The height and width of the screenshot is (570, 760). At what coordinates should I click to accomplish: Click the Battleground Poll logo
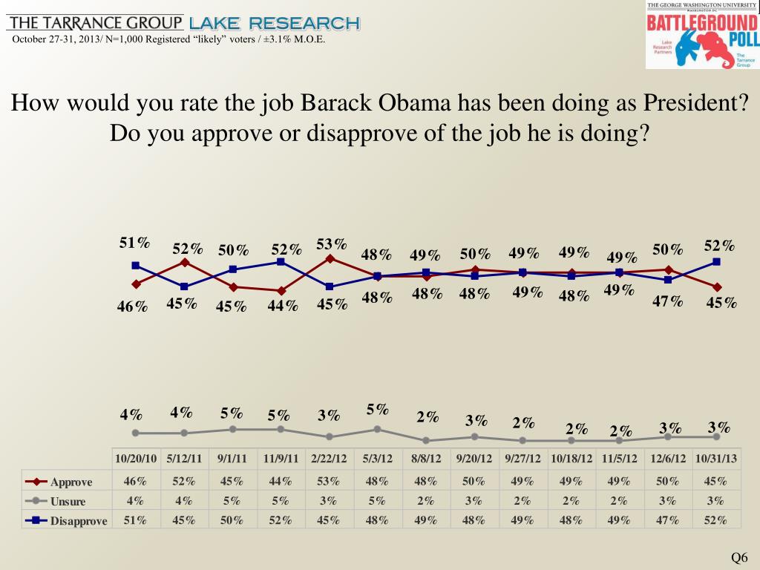(x=701, y=35)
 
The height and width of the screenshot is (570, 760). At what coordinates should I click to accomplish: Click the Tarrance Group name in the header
(x=94, y=23)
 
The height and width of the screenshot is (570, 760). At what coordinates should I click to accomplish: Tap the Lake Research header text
(x=275, y=24)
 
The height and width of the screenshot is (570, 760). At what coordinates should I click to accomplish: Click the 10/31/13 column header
(x=716, y=459)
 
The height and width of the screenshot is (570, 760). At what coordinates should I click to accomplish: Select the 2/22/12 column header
(x=330, y=459)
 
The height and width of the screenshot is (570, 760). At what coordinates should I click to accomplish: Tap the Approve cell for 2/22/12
(x=330, y=481)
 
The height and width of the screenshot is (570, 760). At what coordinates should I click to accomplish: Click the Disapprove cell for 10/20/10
(x=135, y=520)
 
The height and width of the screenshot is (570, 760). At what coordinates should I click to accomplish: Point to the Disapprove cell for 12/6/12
(x=668, y=520)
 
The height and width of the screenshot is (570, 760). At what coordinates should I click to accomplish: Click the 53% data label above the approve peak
(x=332, y=244)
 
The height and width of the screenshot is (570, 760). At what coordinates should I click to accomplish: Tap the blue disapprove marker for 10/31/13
(x=716, y=261)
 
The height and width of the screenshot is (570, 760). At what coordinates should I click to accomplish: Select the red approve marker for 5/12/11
(x=184, y=262)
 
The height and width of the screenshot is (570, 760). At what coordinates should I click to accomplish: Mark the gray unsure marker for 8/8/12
(x=426, y=440)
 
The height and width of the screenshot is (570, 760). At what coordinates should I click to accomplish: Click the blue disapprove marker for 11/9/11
(x=281, y=261)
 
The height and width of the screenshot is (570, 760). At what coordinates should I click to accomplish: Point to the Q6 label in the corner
(x=739, y=558)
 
